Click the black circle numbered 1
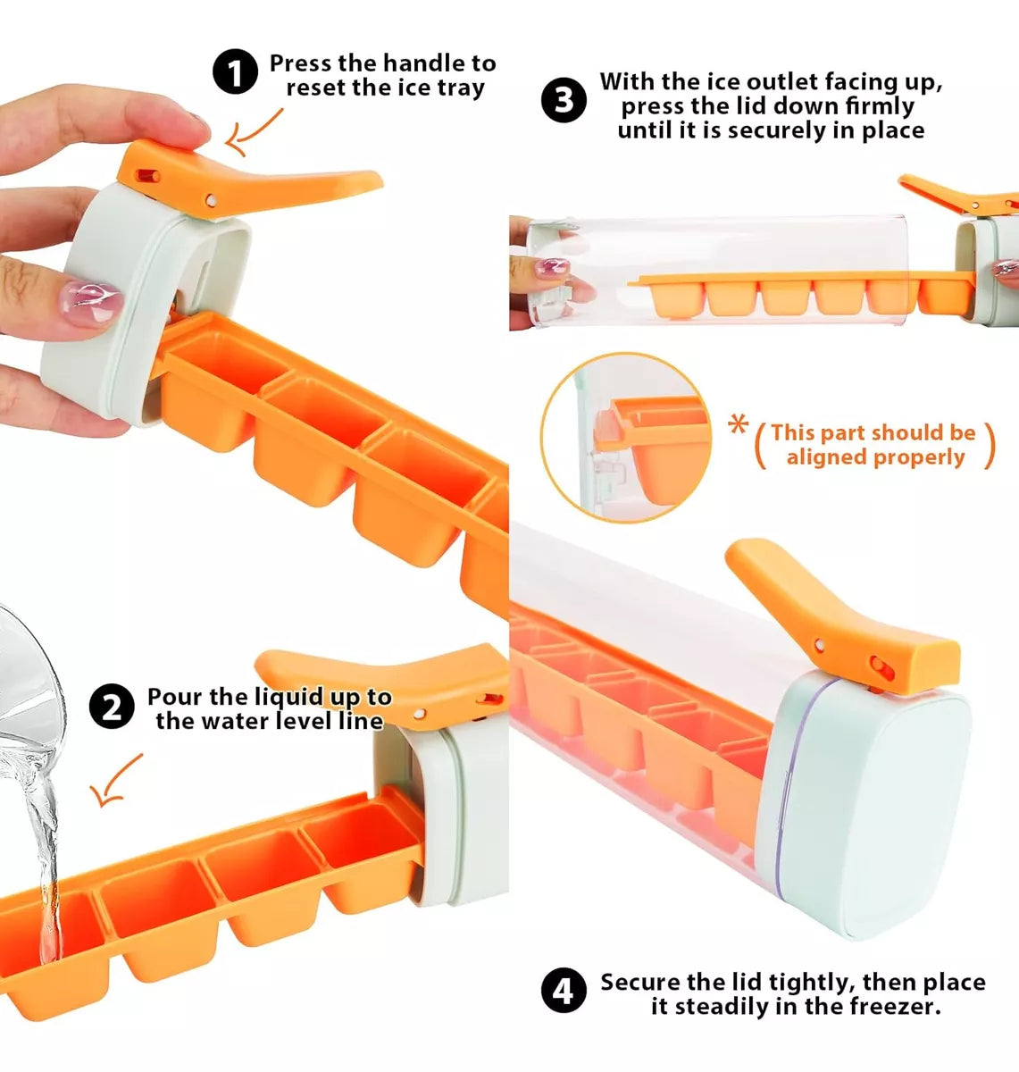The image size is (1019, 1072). [235, 72]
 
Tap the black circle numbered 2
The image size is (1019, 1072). [112, 706]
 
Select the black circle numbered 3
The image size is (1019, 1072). [564, 100]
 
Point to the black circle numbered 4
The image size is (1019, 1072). [564, 990]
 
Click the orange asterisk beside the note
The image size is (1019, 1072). [738, 425]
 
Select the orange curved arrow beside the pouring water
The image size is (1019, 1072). [115, 781]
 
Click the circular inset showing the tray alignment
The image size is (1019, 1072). [626, 438]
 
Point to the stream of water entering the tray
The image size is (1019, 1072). [45, 850]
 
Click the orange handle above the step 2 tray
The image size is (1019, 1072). [381, 682]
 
